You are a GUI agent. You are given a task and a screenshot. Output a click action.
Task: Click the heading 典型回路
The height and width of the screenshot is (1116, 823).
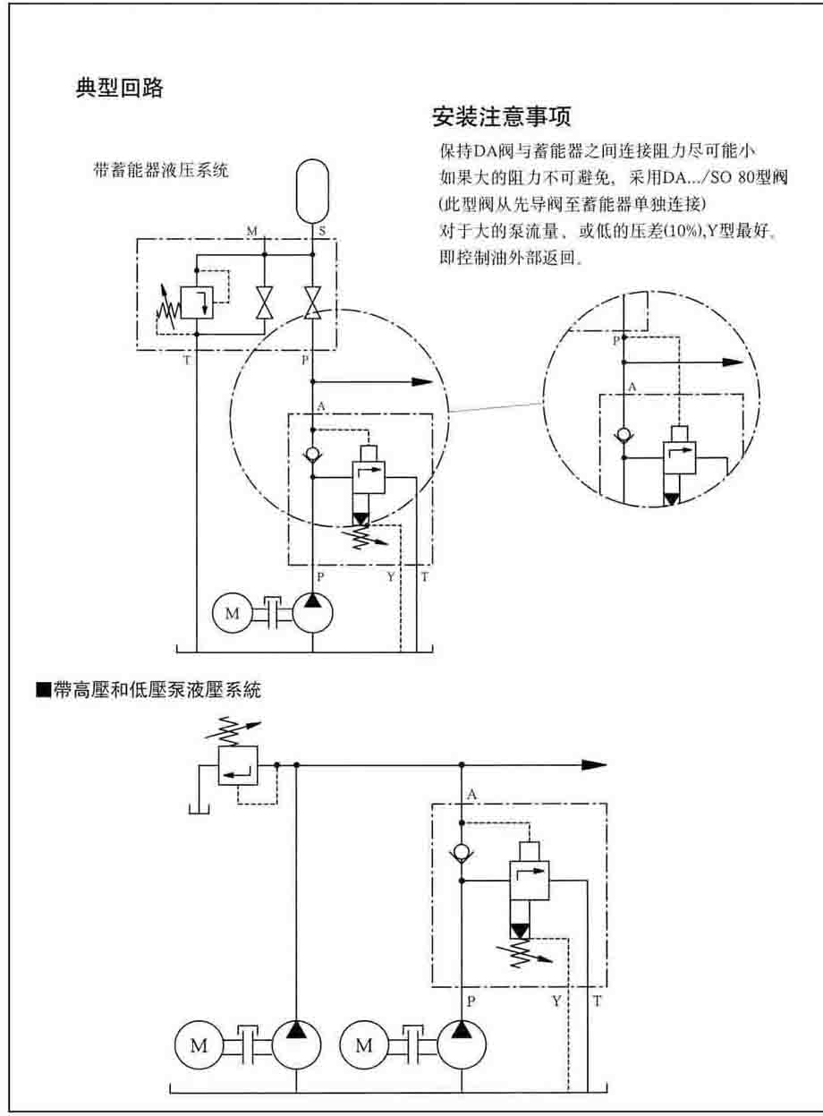coord(119,89)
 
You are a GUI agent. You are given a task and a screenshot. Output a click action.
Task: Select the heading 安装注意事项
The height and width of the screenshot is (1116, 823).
coord(501,117)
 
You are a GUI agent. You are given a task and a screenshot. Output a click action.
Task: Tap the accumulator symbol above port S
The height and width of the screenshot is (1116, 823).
coord(311,190)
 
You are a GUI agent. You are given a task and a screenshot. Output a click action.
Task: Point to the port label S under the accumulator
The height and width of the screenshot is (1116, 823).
coord(322,231)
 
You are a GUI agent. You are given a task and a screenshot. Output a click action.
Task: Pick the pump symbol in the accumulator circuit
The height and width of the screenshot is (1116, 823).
coord(311,613)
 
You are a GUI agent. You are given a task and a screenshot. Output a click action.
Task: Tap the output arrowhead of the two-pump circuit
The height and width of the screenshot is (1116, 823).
coord(594,765)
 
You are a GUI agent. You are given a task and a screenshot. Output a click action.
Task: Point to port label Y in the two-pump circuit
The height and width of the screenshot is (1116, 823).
coord(556,1001)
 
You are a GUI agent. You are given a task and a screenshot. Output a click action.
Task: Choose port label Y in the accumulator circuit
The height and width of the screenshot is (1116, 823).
coord(391,577)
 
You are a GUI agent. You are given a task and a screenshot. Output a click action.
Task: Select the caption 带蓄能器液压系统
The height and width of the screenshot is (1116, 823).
coord(161,170)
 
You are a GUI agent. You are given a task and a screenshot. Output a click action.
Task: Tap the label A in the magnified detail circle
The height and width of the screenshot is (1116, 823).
coord(632,387)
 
